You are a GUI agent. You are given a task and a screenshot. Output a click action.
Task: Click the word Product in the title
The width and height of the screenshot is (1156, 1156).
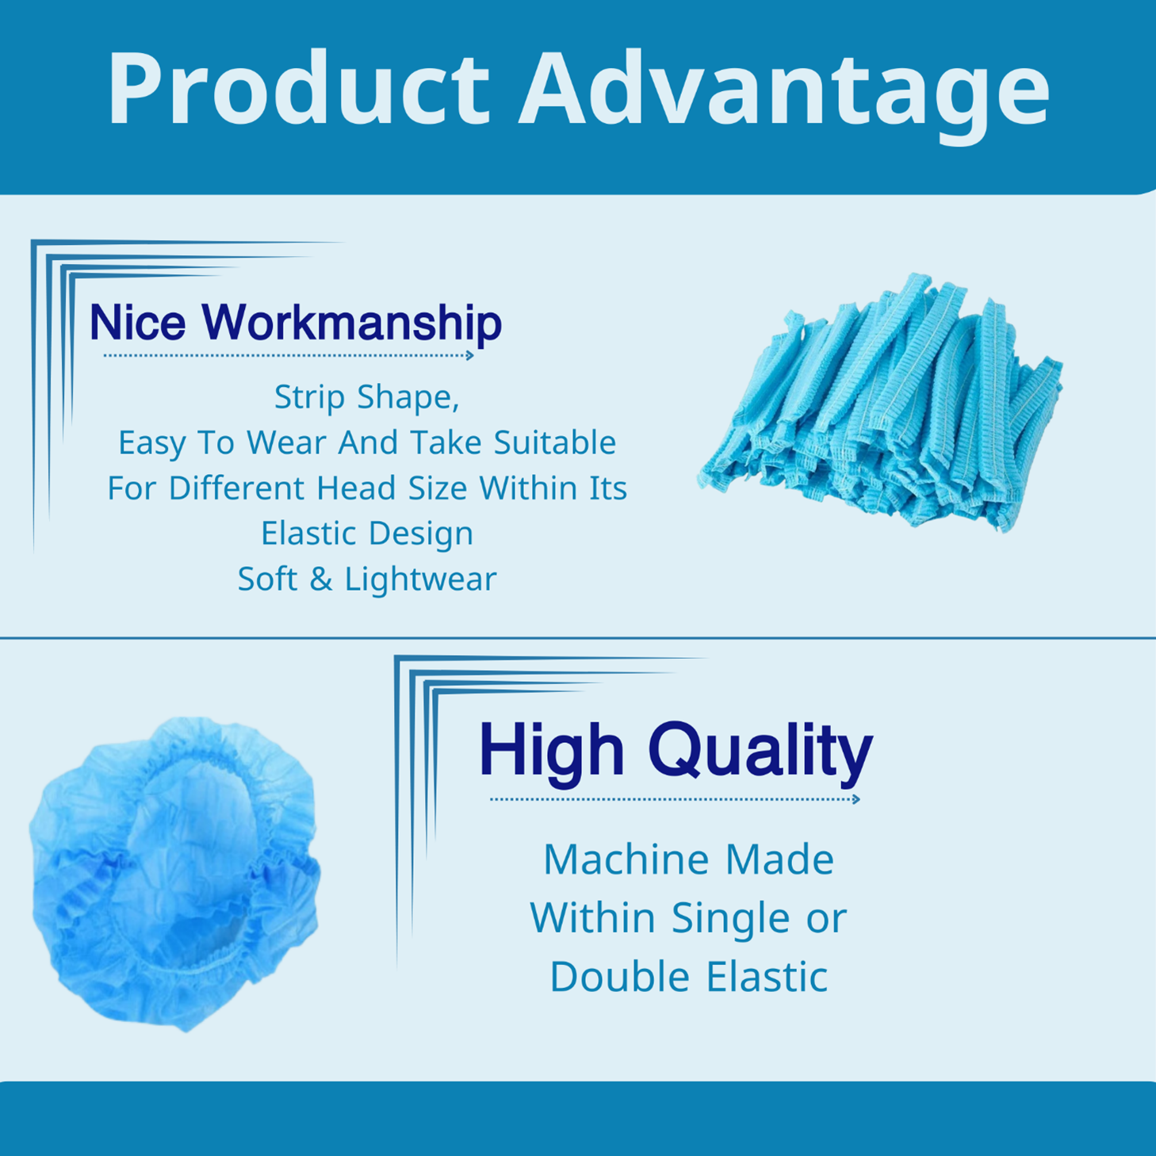(298, 88)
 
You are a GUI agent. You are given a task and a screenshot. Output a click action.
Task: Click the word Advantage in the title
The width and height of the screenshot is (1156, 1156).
(783, 96)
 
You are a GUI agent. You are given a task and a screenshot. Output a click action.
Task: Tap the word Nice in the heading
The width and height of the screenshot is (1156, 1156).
(138, 322)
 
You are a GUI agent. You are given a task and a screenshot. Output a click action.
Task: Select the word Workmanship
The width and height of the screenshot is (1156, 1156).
(351, 323)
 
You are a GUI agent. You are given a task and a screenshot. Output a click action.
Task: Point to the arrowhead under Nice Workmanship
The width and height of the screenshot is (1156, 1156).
(469, 355)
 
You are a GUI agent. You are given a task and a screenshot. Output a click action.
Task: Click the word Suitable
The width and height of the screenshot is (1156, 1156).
(555, 442)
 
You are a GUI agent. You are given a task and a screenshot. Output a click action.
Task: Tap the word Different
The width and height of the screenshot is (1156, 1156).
(236, 488)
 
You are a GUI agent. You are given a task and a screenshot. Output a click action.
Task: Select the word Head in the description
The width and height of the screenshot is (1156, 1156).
(356, 488)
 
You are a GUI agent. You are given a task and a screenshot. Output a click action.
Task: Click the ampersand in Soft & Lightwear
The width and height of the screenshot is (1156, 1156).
(321, 580)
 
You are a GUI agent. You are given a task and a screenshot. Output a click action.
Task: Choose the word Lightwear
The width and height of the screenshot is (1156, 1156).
(420, 580)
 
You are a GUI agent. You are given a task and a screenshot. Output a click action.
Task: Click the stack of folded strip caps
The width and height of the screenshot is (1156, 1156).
(880, 402)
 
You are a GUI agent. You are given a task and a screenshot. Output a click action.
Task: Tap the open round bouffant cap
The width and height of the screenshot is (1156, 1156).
(174, 874)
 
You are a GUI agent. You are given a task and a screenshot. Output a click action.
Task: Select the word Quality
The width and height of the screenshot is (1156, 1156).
(760, 755)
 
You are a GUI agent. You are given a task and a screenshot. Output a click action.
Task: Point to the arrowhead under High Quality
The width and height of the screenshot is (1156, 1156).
(856, 799)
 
